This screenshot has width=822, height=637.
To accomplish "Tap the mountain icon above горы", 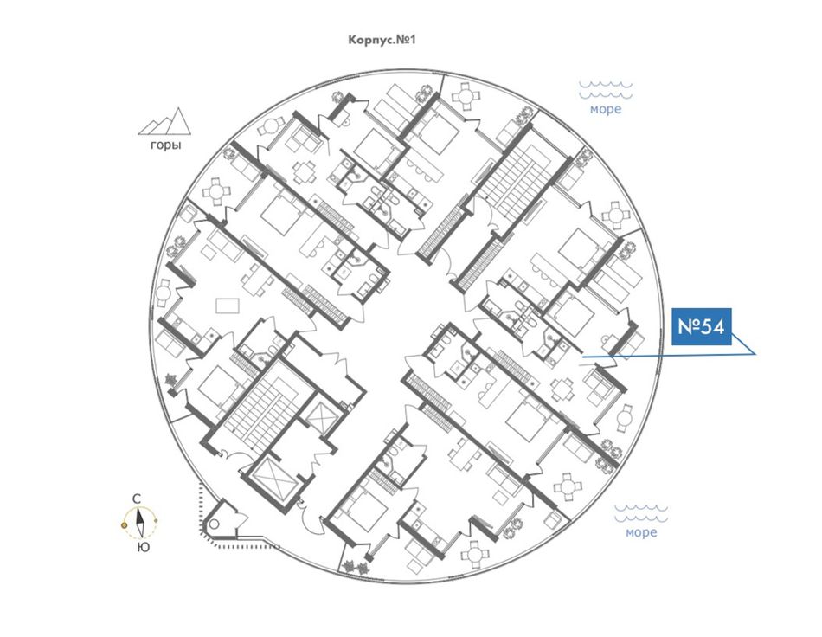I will [x=165, y=121].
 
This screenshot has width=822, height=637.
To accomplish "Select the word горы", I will [x=165, y=145].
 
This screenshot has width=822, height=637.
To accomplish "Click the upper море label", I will [x=605, y=110].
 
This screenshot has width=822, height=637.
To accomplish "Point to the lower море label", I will [x=641, y=532].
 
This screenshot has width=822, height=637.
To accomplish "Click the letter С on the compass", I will [x=138, y=499].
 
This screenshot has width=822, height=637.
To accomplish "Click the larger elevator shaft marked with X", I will [x=274, y=477].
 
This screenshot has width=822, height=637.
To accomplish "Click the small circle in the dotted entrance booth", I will [x=212, y=526].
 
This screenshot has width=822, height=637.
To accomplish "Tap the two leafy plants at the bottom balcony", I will [x=356, y=567].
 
